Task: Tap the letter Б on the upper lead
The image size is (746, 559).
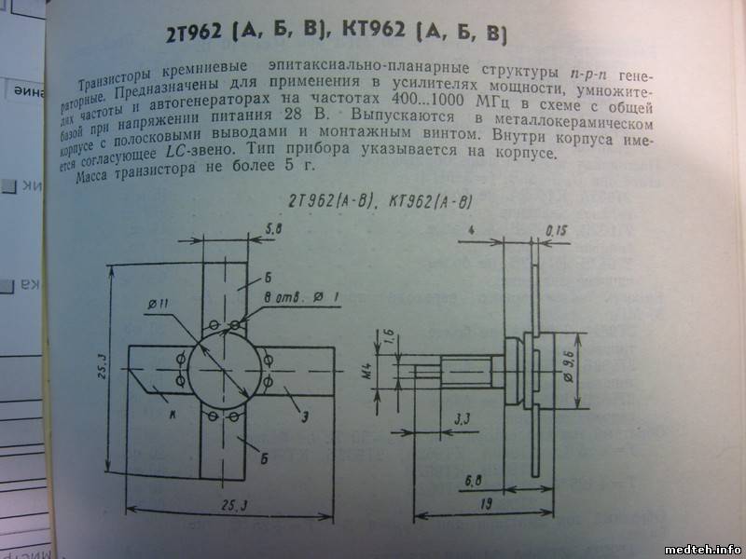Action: pyautogui.click(x=267, y=278)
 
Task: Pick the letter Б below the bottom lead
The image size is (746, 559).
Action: pyautogui.click(x=267, y=458)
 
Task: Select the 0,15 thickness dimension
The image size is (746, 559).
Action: pyautogui.click(x=558, y=229)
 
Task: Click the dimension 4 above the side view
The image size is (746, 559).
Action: pyautogui.click(x=475, y=227)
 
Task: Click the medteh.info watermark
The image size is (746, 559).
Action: pyautogui.click(x=701, y=548)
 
